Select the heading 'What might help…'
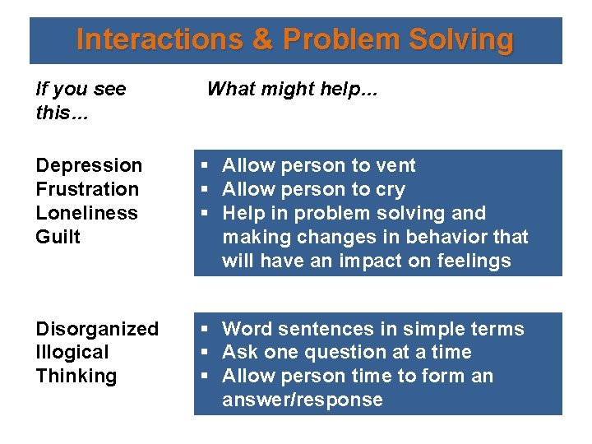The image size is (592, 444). click(292, 89)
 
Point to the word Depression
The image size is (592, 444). click(89, 165)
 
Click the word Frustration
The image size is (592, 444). click(87, 189)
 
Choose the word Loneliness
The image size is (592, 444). click(86, 213)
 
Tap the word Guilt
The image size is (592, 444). click(58, 237)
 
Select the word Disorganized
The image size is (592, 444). click(97, 329)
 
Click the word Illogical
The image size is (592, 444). click(72, 352)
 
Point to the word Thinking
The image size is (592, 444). click(76, 376)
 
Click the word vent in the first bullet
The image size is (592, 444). click(395, 165)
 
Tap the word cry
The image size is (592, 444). click(391, 189)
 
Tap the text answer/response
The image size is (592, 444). click(303, 400)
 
